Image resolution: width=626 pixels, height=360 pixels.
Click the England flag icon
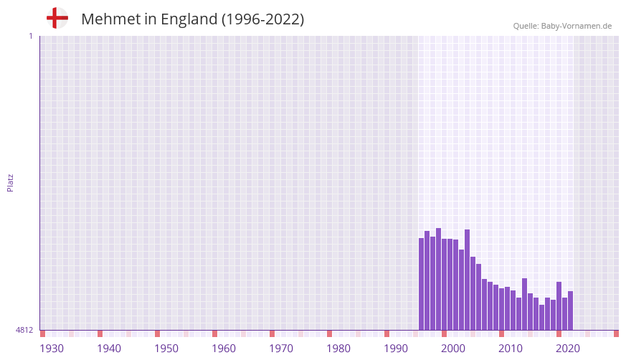tap(57, 18)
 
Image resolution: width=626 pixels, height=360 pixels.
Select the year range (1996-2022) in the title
tap(262, 19)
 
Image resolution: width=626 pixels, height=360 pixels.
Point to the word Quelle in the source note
tap(525, 26)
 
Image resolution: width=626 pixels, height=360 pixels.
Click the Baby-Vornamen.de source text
tap(577, 26)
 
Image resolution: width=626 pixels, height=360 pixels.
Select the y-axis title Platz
tap(10, 182)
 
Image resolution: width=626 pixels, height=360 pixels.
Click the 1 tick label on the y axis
tap(30, 36)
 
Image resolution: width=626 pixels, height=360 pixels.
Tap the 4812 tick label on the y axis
tap(24, 330)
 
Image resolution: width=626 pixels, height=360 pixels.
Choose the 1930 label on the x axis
tap(52, 349)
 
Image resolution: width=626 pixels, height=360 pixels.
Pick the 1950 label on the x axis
tap(166, 349)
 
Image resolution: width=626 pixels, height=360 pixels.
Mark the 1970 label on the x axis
tap(281, 349)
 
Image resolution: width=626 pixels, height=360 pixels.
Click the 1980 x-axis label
tap(338, 349)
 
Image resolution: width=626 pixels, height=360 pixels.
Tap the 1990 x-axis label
tap(396, 349)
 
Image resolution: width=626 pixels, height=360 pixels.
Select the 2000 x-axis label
tap(453, 349)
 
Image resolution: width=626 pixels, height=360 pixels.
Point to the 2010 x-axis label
tap(511, 349)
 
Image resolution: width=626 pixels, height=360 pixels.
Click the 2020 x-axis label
tap(568, 349)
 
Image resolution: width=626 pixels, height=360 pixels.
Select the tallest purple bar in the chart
tap(438, 279)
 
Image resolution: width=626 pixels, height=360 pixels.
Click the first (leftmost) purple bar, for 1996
tap(422, 284)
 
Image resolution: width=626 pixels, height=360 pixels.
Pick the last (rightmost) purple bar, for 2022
tap(570, 311)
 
